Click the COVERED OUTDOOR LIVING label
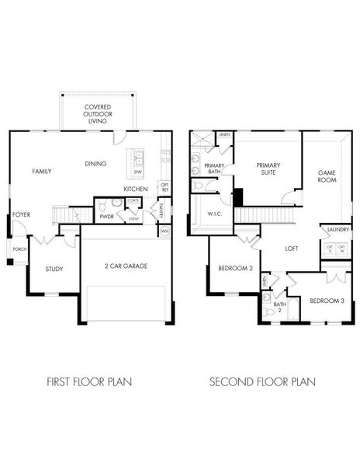click(98, 113)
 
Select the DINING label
click(96, 163)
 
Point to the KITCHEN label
click(136, 189)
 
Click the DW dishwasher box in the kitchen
click(138, 171)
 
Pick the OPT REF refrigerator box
click(164, 187)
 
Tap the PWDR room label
click(106, 217)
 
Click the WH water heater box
click(164, 231)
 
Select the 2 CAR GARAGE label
click(126, 266)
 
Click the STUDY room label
click(53, 270)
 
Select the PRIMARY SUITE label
click(268, 169)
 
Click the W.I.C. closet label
click(215, 214)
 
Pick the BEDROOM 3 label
click(326, 299)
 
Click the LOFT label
click(292, 249)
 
